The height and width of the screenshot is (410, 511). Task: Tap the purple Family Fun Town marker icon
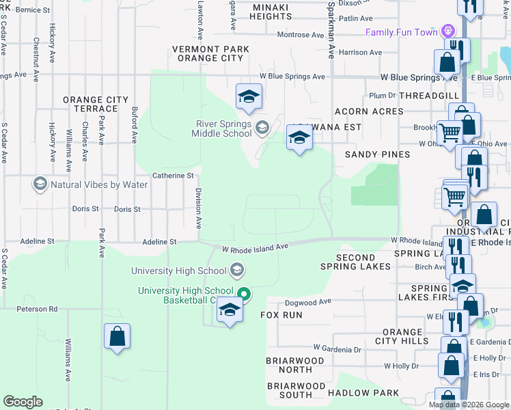pyautogui.click(x=447, y=31)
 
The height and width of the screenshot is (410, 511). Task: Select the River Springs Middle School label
pyautogui.click(x=223, y=128)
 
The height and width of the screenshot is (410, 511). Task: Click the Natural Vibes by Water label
pyautogui.click(x=99, y=184)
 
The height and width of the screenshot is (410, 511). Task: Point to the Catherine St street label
pyautogui.click(x=173, y=176)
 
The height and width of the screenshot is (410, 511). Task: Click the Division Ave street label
pyautogui.click(x=199, y=208)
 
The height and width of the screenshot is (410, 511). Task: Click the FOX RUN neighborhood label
pyautogui.click(x=281, y=315)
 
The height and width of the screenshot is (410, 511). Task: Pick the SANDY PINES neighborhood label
pyautogui.click(x=377, y=154)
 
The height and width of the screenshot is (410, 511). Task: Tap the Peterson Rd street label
pyautogui.click(x=37, y=309)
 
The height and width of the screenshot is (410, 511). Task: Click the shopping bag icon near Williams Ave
pyautogui.click(x=117, y=336)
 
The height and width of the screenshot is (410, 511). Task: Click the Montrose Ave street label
pyautogui.click(x=301, y=35)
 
